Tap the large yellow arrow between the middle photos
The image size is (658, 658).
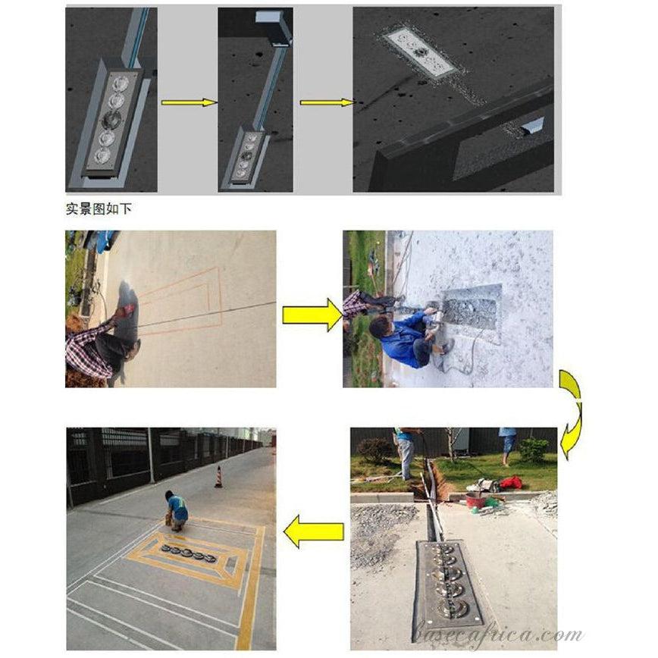(x=312, y=314)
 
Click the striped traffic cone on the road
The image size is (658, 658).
(x=218, y=477)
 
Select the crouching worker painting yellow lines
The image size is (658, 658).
(x=177, y=510)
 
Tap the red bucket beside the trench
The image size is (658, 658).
(x=475, y=500)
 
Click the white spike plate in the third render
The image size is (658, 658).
(x=420, y=52)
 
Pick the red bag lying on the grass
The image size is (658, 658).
(x=511, y=482)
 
